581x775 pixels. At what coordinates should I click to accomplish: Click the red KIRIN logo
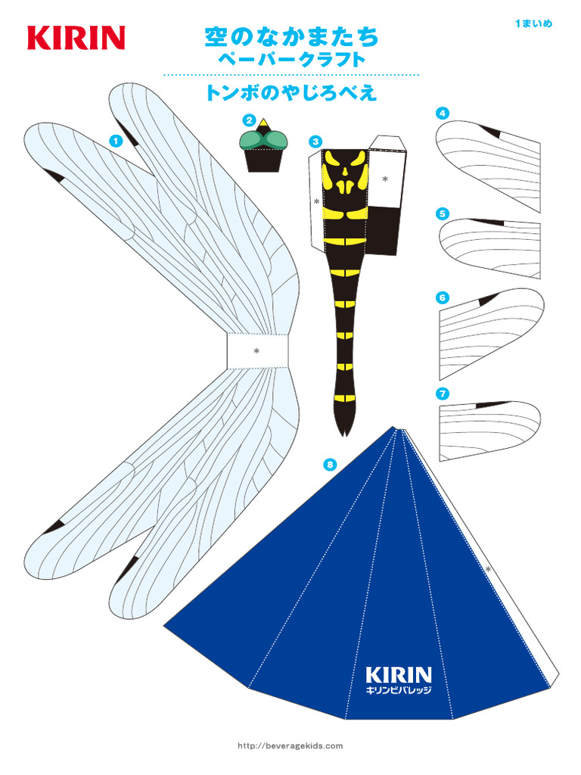(x=76, y=38)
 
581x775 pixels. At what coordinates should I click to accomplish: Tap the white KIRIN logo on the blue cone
(x=399, y=674)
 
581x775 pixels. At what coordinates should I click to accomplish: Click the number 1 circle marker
(x=116, y=141)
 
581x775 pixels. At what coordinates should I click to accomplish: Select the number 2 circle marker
(x=248, y=120)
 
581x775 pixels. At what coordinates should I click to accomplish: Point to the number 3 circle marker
(x=315, y=142)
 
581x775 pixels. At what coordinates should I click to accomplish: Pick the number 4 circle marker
(x=442, y=114)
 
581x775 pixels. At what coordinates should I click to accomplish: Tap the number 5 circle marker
(x=442, y=213)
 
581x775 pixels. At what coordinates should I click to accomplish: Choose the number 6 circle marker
(x=442, y=297)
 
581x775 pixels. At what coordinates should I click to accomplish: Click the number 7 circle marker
(x=442, y=394)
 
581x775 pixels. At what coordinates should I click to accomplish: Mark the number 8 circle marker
(x=330, y=464)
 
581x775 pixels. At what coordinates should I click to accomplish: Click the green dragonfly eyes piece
(x=263, y=139)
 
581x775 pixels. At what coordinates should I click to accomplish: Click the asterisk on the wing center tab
(x=256, y=351)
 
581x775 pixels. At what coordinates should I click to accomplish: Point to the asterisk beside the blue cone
(x=488, y=569)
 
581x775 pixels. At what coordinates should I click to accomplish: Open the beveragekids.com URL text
(x=290, y=745)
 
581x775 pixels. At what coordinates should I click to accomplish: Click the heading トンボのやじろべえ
(x=291, y=93)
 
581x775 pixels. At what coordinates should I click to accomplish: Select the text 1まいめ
(x=533, y=23)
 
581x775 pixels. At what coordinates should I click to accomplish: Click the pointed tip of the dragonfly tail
(x=345, y=436)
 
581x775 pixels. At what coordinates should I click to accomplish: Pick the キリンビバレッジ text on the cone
(x=399, y=690)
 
